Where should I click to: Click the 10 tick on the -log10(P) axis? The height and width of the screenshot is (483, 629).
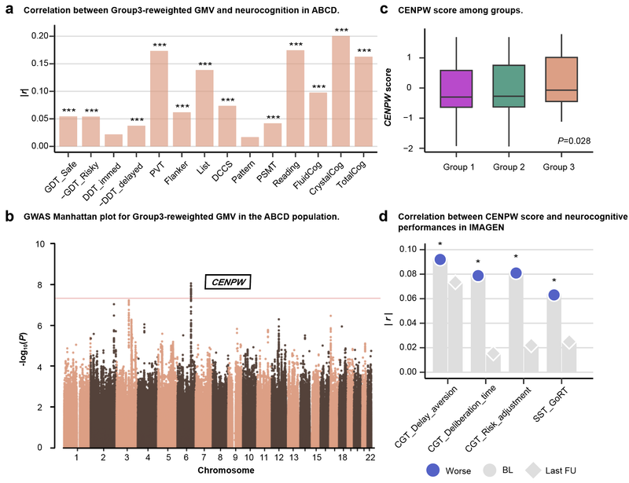pos(39,244)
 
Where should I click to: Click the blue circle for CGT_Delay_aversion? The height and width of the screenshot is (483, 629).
pos(440,259)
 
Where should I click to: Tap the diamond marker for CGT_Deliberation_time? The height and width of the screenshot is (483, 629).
pos(493,353)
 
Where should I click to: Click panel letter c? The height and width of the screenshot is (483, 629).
pos(405,11)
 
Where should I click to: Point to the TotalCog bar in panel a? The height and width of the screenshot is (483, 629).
pos(364,103)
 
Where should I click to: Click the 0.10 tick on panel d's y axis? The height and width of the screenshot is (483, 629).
pos(414,249)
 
